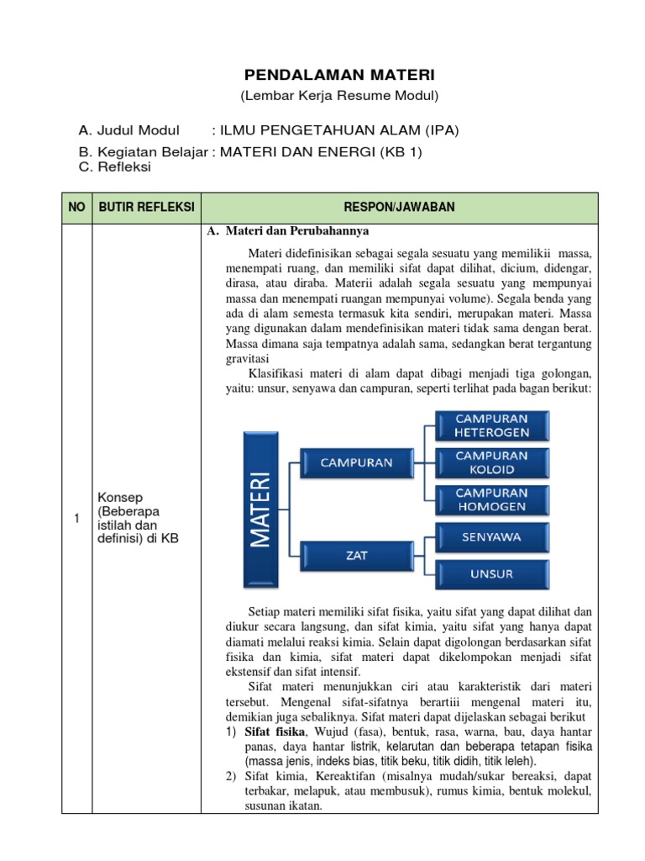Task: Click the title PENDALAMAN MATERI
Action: pos(340,76)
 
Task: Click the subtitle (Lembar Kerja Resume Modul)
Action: pos(340,96)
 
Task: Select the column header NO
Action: pos(77,207)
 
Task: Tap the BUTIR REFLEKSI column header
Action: pos(147,207)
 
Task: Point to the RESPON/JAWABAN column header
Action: pos(399,207)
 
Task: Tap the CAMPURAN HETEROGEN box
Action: pos(491,425)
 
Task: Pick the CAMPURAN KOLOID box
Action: pos(491,462)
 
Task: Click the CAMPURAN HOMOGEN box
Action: pos(491,499)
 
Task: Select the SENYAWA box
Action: pos(491,536)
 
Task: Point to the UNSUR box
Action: pos(491,574)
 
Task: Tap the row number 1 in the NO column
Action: pos(76,519)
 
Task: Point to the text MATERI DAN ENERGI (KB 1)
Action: pos(322,151)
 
